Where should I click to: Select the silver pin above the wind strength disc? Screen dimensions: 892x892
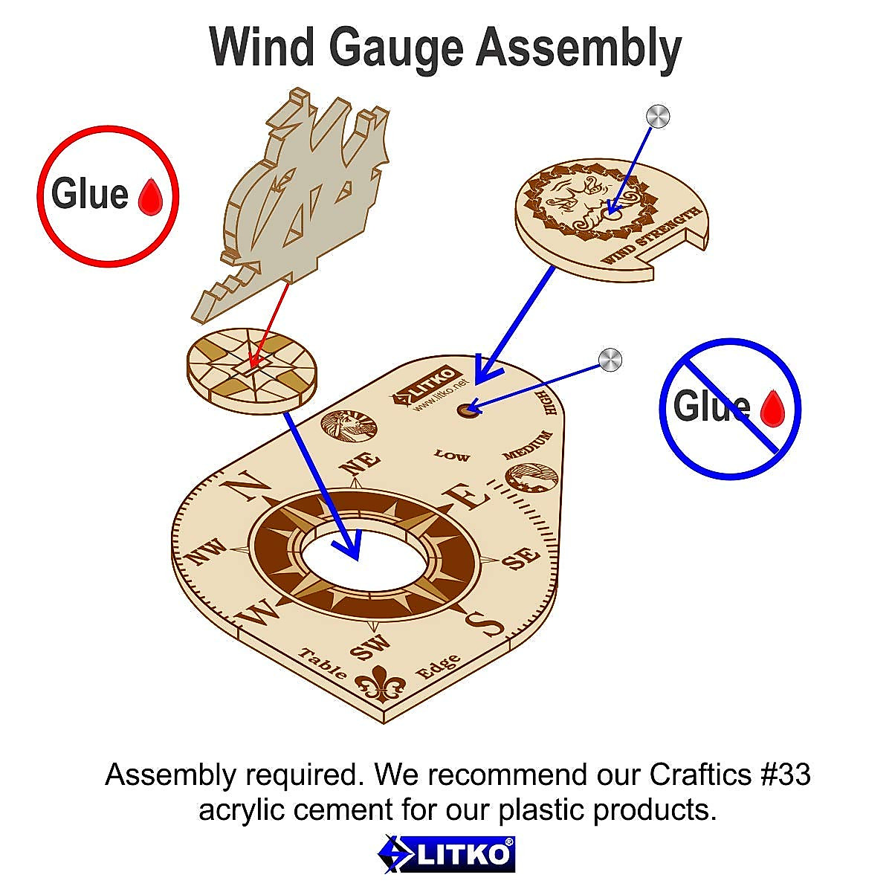(658, 116)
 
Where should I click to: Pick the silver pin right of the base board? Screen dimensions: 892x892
(610, 360)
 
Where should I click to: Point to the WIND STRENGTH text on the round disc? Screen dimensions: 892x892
(652, 236)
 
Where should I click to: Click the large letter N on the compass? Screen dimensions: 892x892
(245, 488)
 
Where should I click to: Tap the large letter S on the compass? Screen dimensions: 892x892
(484, 624)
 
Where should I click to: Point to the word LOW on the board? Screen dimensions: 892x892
(452, 454)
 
